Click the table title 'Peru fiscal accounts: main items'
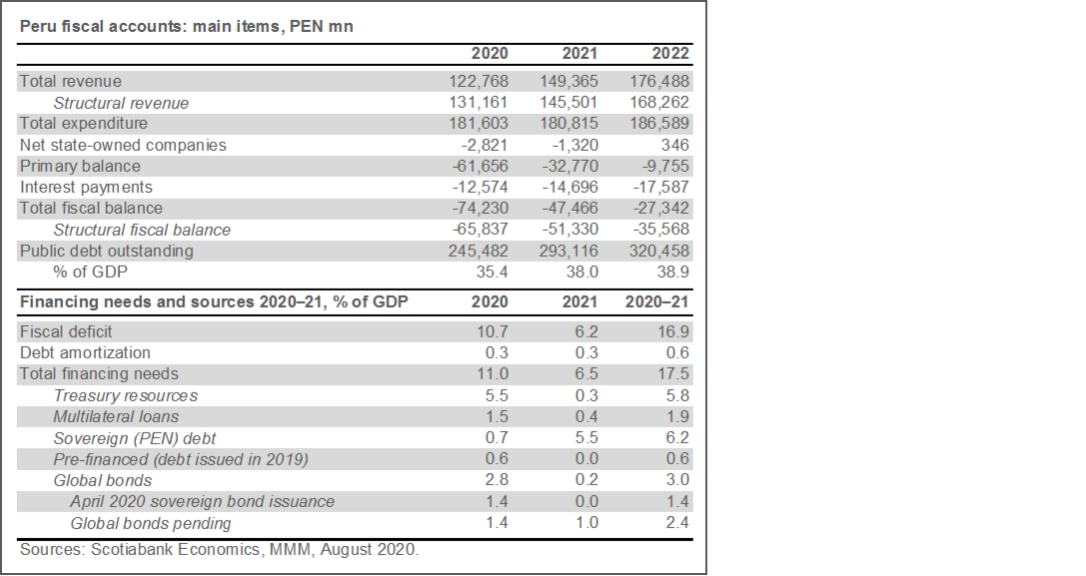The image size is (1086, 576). click(x=187, y=27)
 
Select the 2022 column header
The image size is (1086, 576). click(x=668, y=54)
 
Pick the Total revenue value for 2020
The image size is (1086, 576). click(x=478, y=82)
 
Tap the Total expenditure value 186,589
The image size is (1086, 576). click(x=659, y=124)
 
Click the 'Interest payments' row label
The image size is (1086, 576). click(x=87, y=188)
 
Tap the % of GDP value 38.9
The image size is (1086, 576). click(x=674, y=272)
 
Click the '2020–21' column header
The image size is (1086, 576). click(x=657, y=301)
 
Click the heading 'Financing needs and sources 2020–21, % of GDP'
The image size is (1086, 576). click(x=214, y=301)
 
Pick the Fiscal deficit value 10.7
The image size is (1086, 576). click(x=493, y=331)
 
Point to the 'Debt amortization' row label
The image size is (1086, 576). click(x=86, y=352)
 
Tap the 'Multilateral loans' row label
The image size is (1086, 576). click(x=117, y=416)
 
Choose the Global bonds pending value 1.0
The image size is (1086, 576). click(x=586, y=523)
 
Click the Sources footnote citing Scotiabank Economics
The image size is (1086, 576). click(x=220, y=550)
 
